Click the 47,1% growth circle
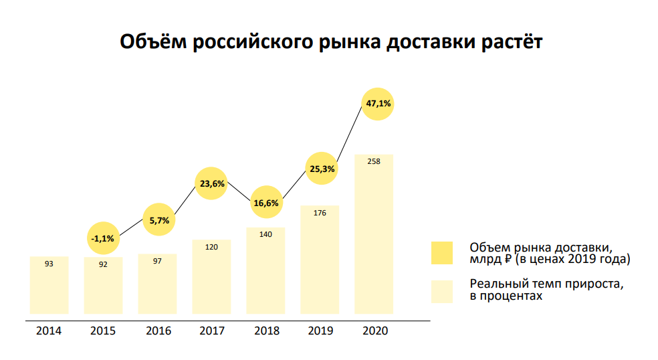coord(378,104)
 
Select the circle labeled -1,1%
coord(103,238)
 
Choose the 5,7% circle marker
coord(159,220)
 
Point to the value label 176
coord(320,213)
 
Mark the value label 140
coord(265,234)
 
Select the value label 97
coord(157,261)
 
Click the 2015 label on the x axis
coord(103,331)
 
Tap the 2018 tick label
coord(265,331)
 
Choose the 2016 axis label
coord(157,331)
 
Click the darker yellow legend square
coord(442,253)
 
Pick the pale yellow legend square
coord(442,291)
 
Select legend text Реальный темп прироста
coord(546,284)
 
